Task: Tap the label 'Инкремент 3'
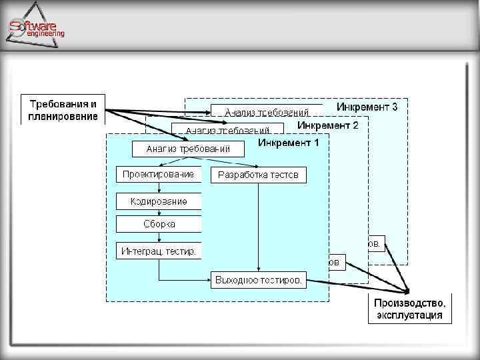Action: pos(367,107)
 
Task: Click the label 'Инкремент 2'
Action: pos(328,125)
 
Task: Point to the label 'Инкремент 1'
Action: pos(288,143)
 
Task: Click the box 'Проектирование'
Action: pos(159,175)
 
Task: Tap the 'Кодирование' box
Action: pos(159,201)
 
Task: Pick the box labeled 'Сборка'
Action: pos(159,224)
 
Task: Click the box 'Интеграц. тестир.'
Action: pos(159,251)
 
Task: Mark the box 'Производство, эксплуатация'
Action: pos(409,309)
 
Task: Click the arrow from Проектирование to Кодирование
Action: pos(159,187)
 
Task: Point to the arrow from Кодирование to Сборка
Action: pos(159,211)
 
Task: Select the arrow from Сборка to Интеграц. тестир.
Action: pos(159,237)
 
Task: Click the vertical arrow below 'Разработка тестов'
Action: pos(259,227)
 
